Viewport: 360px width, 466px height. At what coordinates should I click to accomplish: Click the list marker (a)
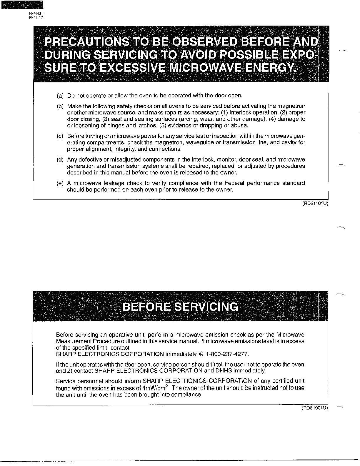click(60, 96)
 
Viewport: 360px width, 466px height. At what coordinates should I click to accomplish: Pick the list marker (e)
click(60, 183)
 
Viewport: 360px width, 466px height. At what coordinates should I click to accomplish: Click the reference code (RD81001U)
click(315, 408)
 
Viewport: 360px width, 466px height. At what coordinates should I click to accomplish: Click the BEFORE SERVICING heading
click(180, 307)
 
